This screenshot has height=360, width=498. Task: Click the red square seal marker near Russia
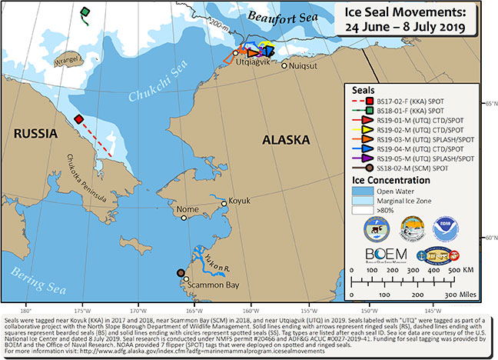coord(79,118)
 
